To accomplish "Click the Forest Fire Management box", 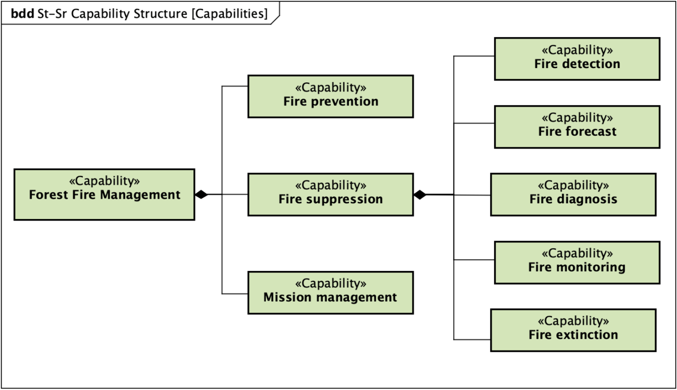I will (x=104, y=194).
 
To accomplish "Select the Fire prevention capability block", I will (x=330, y=96).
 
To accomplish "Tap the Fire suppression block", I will (x=330, y=194).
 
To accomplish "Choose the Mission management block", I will (x=330, y=292).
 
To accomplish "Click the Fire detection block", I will (x=577, y=59).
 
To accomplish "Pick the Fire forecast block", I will (x=577, y=127).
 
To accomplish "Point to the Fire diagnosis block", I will (x=573, y=194).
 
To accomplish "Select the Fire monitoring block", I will (x=577, y=262).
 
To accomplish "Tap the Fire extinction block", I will (x=573, y=330).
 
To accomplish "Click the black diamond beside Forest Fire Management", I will (x=202, y=194).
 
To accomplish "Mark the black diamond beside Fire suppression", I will (x=420, y=194).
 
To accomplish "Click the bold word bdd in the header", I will (x=22, y=14).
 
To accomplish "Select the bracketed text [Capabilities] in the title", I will (x=229, y=14).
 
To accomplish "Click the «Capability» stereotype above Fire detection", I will (x=577, y=50).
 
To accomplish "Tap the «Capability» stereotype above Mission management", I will (x=330, y=284).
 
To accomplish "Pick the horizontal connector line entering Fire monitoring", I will (x=474, y=260).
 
